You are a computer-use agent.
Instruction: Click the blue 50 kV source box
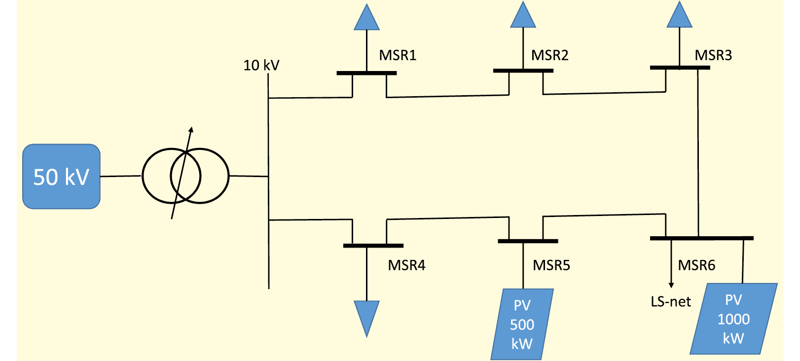click(x=61, y=177)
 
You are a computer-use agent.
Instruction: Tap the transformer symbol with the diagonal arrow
click(x=185, y=176)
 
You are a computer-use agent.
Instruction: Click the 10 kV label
click(x=261, y=65)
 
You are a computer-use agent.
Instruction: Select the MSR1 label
click(x=398, y=55)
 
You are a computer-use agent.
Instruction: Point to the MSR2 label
click(x=549, y=55)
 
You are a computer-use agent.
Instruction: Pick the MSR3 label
click(x=713, y=55)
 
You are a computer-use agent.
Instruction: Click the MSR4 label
click(x=406, y=265)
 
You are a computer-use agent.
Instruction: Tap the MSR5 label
click(x=551, y=265)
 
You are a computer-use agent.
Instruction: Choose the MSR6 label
click(x=696, y=265)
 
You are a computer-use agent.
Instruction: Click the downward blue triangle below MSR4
click(x=366, y=316)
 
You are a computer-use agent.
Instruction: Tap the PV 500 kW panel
click(x=522, y=325)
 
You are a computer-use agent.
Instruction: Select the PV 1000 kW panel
click(x=733, y=319)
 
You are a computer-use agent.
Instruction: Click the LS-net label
click(x=671, y=301)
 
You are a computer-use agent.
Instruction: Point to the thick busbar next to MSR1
click(x=366, y=73)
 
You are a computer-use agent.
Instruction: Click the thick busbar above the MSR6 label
click(x=701, y=238)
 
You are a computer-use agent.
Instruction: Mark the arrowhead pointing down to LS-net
click(x=671, y=285)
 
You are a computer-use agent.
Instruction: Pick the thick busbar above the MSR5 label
click(x=528, y=241)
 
